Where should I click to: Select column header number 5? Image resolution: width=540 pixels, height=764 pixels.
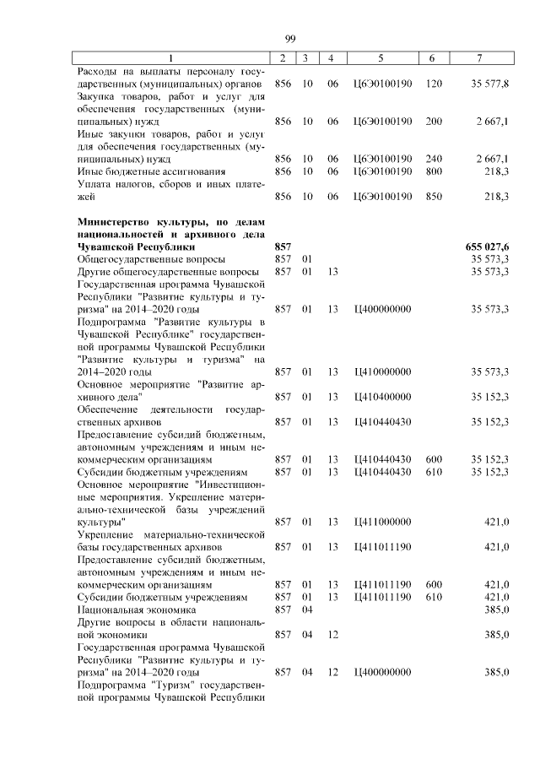coord(381,58)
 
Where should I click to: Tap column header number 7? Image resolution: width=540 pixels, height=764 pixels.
coord(479,58)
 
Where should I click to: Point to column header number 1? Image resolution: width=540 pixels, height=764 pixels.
coord(170,58)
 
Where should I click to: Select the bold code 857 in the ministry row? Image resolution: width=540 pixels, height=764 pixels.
coord(283,246)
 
